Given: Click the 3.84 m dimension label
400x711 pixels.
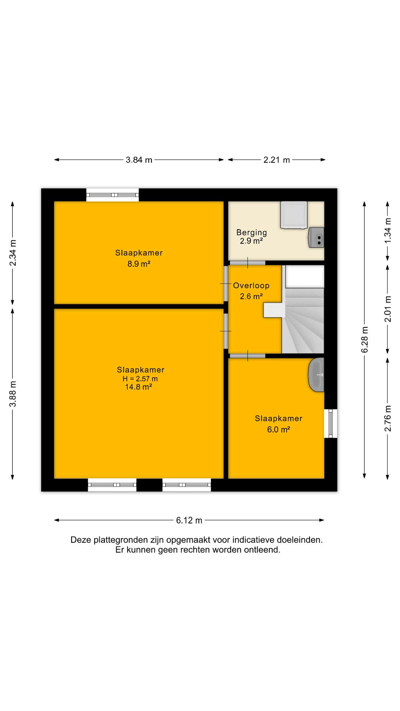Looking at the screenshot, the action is pyautogui.click(x=139, y=160).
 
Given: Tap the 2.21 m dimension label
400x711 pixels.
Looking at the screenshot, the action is pyautogui.click(x=277, y=160).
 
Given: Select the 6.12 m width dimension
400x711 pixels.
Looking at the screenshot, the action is pyautogui.click(x=189, y=520).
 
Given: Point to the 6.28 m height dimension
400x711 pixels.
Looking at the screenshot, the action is pyautogui.click(x=365, y=340).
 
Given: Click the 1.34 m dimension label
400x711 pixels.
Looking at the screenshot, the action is pyautogui.click(x=388, y=230).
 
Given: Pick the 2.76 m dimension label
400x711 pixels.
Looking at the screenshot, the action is pyautogui.click(x=388, y=418).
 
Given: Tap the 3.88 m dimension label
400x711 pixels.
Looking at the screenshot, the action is pyautogui.click(x=13, y=394).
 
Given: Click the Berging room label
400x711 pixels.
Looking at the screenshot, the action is pyautogui.click(x=251, y=233).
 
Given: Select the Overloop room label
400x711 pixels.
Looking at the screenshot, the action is pyautogui.click(x=251, y=286).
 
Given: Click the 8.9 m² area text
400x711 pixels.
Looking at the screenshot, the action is pyautogui.click(x=139, y=264).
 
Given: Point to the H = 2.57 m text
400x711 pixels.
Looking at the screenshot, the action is pyautogui.click(x=140, y=379).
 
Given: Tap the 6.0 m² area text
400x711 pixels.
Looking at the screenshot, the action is pyautogui.click(x=279, y=430).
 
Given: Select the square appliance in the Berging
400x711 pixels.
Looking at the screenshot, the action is pyautogui.click(x=294, y=214).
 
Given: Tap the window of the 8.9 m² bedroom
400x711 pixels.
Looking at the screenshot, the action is pyautogui.click(x=113, y=195).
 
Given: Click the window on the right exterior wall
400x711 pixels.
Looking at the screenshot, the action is pyautogui.click(x=331, y=423).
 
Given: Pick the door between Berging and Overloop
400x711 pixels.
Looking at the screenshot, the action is pyautogui.click(x=247, y=263).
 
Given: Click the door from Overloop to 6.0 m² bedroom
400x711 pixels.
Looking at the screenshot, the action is pyautogui.click(x=247, y=356).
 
